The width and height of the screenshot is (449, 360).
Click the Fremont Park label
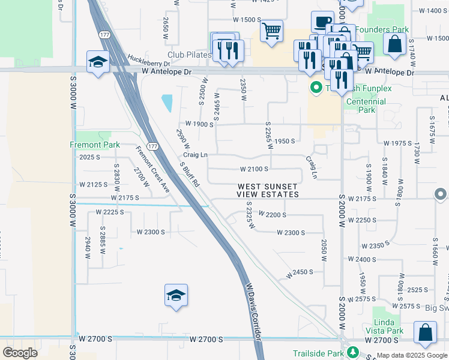95,145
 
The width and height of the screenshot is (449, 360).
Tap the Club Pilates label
190,55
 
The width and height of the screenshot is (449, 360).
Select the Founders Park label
382,29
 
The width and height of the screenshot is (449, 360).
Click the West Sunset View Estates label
268,191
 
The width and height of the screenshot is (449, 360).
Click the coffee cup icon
322,22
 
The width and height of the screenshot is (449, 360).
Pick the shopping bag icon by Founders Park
394,44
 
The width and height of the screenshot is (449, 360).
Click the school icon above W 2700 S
176,295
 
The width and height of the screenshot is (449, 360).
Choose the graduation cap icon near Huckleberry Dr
97,62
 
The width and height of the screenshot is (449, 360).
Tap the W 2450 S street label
300,272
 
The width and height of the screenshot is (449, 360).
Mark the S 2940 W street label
88,247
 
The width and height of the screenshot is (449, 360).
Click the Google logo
20,353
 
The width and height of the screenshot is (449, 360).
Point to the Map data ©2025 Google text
412,355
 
